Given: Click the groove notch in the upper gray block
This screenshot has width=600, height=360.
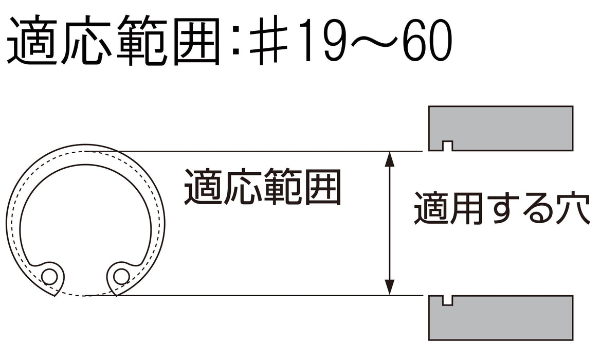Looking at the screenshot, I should click(x=447, y=146).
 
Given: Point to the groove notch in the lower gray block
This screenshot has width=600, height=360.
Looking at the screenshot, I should click(x=447, y=300).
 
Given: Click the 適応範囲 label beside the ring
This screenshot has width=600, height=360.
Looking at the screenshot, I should click(x=262, y=188).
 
